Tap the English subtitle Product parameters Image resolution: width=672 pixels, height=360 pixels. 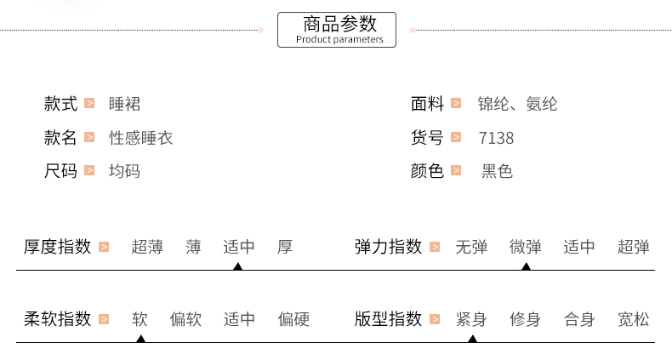[339, 39]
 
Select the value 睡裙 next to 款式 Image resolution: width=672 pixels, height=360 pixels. [125, 105]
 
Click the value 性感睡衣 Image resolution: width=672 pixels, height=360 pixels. [141, 138]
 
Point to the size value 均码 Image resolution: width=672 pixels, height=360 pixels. [125, 171]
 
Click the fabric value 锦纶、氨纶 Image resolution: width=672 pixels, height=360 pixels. [518, 105]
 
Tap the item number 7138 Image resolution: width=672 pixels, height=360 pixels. [497, 138]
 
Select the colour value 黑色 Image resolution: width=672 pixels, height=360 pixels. [498, 171]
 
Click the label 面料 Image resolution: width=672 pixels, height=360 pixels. [428, 105]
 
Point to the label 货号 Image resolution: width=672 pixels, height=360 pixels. [428, 138]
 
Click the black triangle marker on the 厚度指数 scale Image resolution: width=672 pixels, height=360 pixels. [238, 266]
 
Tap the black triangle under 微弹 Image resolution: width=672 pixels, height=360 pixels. [526, 266]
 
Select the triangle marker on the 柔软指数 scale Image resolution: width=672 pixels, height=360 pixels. [140, 339]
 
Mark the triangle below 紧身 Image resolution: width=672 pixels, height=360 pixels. [472, 339]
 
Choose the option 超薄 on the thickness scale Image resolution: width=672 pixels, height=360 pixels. [147, 248]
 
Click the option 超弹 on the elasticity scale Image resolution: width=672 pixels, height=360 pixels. [634, 248]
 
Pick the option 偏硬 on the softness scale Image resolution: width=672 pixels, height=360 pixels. [293, 320]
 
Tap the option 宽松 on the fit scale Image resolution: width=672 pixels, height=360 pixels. [634, 320]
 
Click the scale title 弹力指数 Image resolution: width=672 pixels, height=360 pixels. [389, 248]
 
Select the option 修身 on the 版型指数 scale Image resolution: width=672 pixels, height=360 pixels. [525, 320]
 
